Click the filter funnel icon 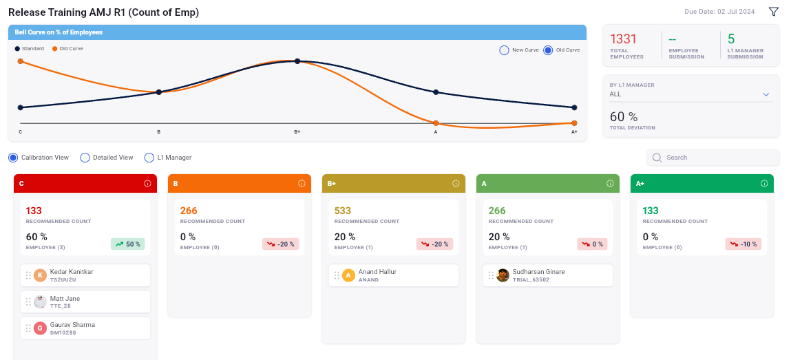[x=774, y=12]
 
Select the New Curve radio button [x=504, y=50]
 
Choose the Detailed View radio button [x=85, y=158]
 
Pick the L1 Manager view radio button [x=149, y=158]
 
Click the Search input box [x=716, y=158]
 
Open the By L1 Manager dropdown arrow [x=765, y=94]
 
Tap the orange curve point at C [x=21, y=61]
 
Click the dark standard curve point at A [x=436, y=92]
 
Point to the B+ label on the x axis [x=297, y=131]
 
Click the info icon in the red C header [x=147, y=184]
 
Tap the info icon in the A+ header [x=764, y=184]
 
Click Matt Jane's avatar [x=41, y=301]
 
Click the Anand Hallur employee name [x=377, y=272]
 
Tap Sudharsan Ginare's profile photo [x=503, y=275]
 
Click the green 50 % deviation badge [x=128, y=244]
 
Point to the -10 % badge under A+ [x=743, y=244]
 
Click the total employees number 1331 [x=624, y=39]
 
